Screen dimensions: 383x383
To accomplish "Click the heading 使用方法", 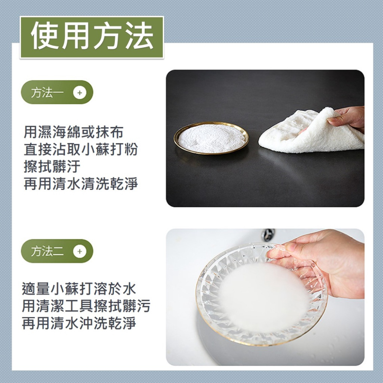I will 92,37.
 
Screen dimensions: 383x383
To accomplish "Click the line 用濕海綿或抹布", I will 74,133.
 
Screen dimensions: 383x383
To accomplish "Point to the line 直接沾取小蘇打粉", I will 80,150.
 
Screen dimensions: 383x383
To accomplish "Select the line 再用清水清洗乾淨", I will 80,184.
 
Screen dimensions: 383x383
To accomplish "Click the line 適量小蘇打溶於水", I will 79,288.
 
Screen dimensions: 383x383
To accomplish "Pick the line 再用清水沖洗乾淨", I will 79,323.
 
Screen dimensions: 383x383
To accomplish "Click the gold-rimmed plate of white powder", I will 211,138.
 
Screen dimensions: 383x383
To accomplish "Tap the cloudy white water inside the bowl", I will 260,295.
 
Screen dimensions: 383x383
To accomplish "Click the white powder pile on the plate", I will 211,137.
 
